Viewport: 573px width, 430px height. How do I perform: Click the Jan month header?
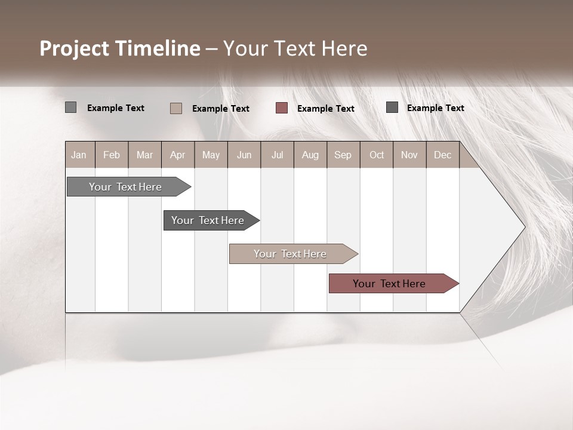[x=79, y=155]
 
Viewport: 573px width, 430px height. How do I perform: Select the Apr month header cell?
[x=178, y=155]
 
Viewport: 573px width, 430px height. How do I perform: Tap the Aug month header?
[x=310, y=155]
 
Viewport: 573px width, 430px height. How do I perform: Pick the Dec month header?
[x=442, y=155]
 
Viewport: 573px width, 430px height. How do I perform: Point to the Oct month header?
[x=377, y=155]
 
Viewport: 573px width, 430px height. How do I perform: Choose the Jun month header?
[x=244, y=155]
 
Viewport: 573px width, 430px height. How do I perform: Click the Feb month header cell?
[x=112, y=155]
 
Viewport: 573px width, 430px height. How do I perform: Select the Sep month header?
[x=343, y=155]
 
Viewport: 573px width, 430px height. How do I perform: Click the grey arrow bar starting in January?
[x=125, y=187]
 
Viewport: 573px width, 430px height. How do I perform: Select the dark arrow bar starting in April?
[x=208, y=220]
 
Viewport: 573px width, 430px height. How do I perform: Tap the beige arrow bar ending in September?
[x=290, y=254]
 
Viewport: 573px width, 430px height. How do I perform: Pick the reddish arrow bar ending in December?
[x=389, y=284]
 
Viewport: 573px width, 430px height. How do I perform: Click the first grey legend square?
[x=70, y=107]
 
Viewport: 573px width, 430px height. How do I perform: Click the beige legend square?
[x=175, y=108]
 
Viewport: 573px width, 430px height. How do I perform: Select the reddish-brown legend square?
[x=282, y=108]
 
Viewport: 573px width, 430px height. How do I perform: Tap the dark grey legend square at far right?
[x=392, y=107]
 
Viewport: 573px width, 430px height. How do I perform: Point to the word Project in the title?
[x=74, y=49]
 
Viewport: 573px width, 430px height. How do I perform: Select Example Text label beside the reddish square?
[x=325, y=109]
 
